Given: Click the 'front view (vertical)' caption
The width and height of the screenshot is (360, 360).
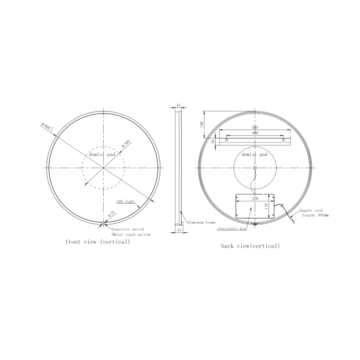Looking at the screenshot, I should (x=98, y=242).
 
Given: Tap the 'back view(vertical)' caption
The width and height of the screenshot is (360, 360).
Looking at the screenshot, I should (x=250, y=246).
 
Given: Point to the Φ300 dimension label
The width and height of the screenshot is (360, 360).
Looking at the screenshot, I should (x=126, y=144).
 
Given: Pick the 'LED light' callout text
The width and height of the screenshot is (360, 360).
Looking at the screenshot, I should (x=125, y=202).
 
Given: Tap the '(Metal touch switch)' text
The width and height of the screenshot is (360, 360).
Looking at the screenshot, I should (x=131, y=234).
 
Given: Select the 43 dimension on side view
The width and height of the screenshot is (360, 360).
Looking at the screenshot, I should (x=178, y=105).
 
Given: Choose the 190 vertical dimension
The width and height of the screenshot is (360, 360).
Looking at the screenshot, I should (x=202, y=124).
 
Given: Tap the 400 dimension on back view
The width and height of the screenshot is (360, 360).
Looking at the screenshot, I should (x=255, y=133).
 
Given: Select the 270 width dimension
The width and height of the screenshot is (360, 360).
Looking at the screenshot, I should (x=255, y=198).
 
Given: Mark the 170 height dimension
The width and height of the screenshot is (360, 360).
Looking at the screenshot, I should (x=266, y=207).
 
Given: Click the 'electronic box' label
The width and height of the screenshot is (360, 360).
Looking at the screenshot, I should (x=232, y=228).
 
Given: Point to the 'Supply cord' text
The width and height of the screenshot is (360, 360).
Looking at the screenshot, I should (x=311, y=210).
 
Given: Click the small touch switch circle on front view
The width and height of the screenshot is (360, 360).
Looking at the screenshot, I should (x=103, y=224).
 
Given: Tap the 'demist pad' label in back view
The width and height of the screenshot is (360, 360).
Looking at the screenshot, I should (x=254, y=154).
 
